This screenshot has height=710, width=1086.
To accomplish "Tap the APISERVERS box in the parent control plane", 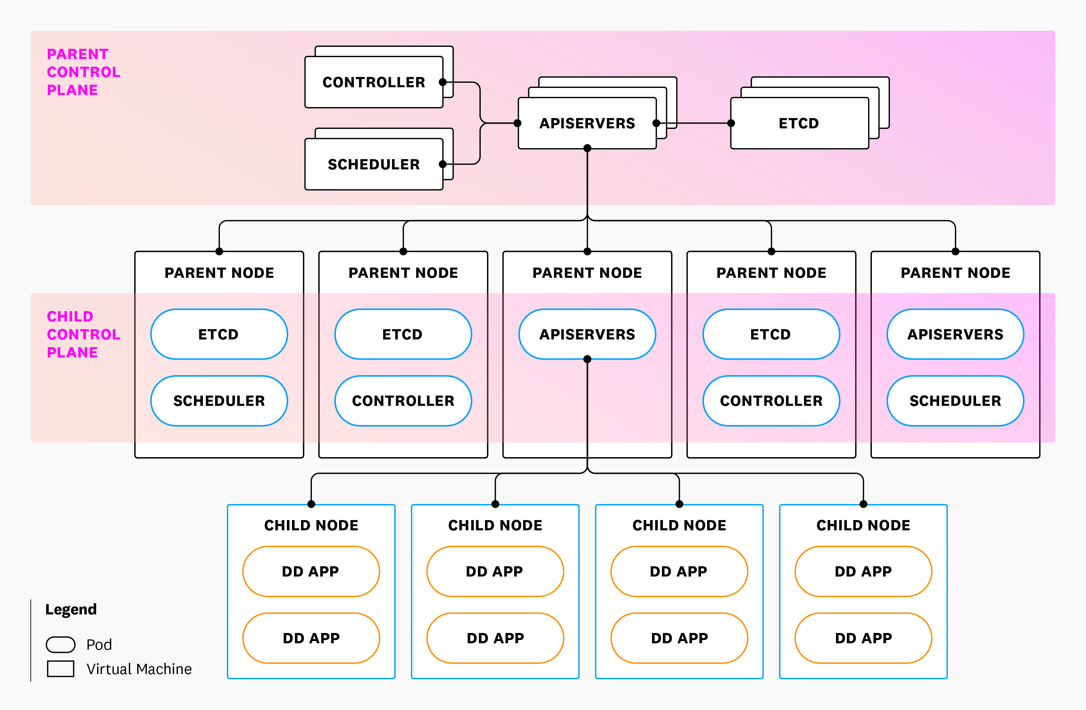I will (x=587, y=123).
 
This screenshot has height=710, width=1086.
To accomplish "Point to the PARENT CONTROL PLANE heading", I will (x=84, y=72).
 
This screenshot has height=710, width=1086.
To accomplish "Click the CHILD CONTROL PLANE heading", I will (x=84, y=334).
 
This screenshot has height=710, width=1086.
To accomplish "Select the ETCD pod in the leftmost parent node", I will (x=219, y=334).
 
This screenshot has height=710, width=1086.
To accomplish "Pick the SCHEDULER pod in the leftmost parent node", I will (x=219, y=401).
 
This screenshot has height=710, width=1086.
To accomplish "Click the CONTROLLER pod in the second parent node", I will (x=403, y=401).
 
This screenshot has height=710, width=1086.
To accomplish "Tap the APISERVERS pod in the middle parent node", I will (x=587, y=334).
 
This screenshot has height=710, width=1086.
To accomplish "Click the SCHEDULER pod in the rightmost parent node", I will (x=955, y=401).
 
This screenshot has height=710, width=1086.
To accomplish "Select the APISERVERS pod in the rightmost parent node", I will (x=955, y=334).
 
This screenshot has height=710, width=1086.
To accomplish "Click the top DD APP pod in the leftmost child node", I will (x=311, y=571).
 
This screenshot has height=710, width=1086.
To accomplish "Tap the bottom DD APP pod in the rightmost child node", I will (x=863, y=638).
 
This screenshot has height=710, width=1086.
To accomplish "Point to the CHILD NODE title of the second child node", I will (x=495, y=525).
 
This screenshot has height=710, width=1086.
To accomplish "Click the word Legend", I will (x=71, y=610).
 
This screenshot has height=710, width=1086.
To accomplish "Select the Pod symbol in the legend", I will (x=61, y=644).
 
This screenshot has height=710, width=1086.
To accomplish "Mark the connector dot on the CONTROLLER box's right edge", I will (x=442, y=82).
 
